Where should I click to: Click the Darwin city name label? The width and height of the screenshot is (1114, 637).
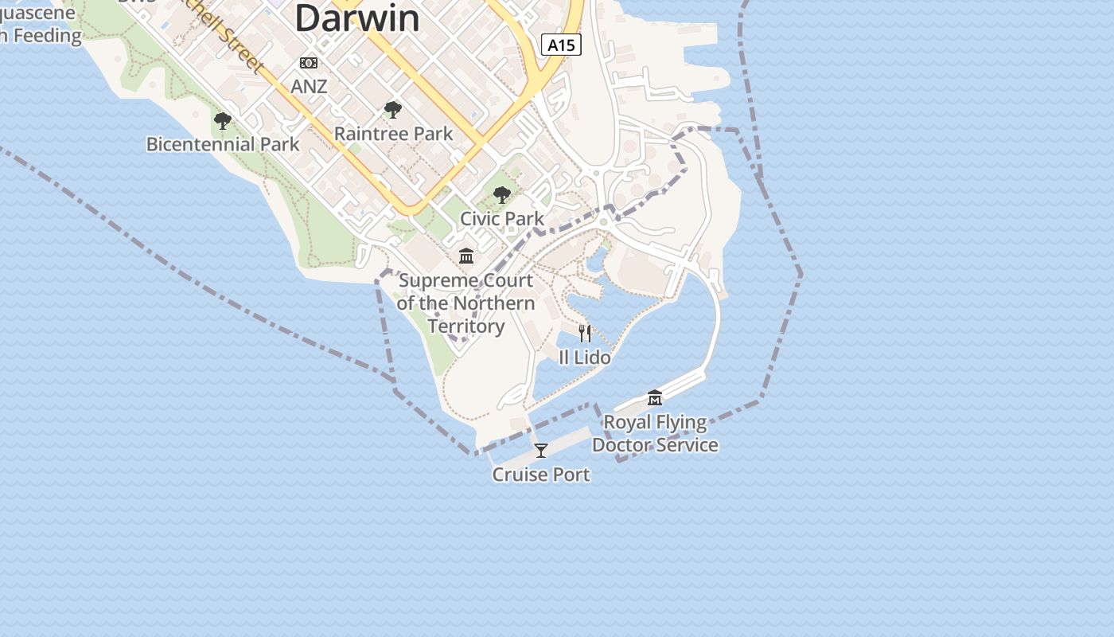tap(357, 18)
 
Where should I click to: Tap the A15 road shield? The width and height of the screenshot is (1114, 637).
tap(561, 45)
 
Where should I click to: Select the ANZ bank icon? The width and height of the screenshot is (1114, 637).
tap(309, 63)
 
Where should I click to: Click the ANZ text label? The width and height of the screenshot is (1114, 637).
tap(309, 86)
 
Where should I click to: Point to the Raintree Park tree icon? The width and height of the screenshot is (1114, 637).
tap(392, 110)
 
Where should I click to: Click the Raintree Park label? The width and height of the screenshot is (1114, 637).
tap(393, 134)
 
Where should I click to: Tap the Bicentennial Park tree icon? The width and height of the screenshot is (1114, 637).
tap(223, 121)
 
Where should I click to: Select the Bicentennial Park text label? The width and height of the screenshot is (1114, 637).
tap(223, 144)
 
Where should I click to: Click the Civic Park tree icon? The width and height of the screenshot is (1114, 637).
tap(502, 195)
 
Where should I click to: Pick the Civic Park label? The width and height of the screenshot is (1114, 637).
tap(502, 218)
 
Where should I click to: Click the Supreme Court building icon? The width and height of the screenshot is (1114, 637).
tap(466, 256)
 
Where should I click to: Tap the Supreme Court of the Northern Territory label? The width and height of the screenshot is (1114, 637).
tap(465, 303)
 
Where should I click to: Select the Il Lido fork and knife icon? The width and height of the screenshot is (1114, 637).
tap(585, 334)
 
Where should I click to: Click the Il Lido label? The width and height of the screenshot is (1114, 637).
tap(585, 358)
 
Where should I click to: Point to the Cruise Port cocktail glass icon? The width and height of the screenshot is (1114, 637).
tap(541, 451)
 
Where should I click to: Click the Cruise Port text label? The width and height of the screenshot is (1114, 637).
tap(541, 475)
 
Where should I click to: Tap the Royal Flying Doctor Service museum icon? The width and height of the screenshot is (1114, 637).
tap(655, 397)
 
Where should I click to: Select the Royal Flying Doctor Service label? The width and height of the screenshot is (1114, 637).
tap(655, 433)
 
